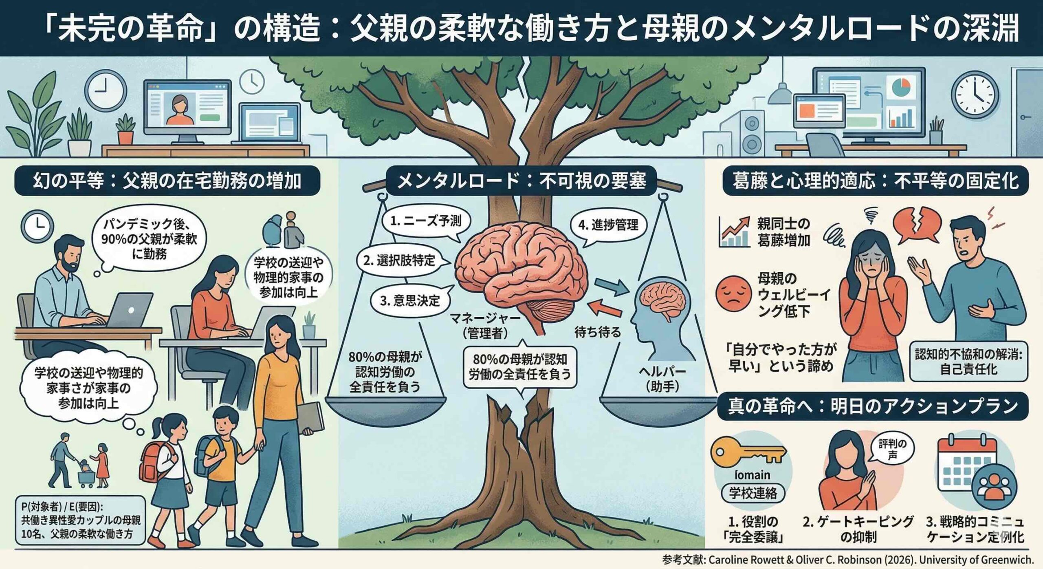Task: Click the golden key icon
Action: pos(748,453)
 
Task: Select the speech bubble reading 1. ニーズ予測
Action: pos(426,221)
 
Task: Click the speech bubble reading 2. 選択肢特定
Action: pos(399,260)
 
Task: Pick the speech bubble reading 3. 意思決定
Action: pos(410,301)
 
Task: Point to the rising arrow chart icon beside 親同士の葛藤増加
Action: pos(735,232)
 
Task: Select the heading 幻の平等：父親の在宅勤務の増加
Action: pos(167,181)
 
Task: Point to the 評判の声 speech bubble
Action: pos(892,449)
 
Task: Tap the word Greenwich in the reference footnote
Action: pos(1004,560)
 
